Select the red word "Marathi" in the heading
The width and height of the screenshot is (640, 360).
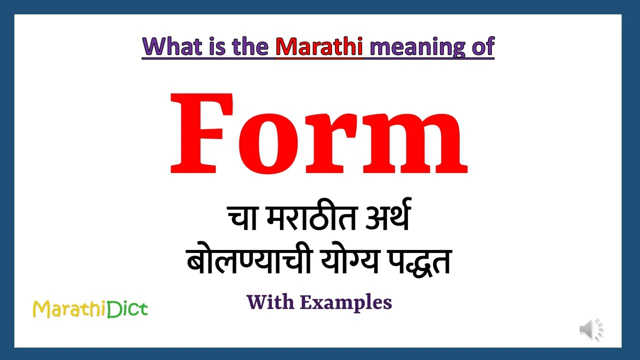(319, 46)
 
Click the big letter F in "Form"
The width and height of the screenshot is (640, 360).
(202, 133)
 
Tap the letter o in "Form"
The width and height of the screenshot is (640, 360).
(268, 143)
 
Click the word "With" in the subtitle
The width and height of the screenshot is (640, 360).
(270, 302)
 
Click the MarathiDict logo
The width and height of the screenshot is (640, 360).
(90, 309)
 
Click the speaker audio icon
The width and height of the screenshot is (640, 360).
(591, 329)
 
